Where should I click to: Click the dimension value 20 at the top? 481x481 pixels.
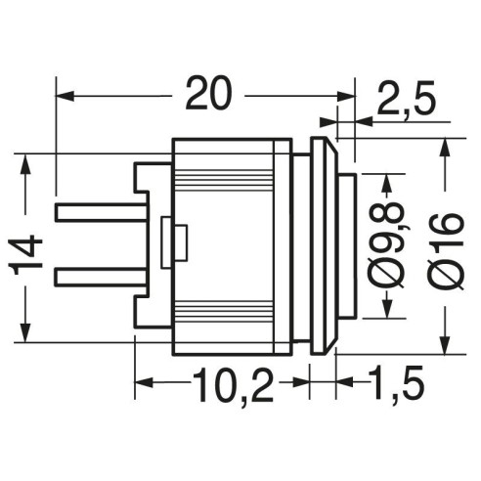209,93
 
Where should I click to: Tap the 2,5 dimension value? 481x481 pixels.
407,99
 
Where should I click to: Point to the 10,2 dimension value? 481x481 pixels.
234,385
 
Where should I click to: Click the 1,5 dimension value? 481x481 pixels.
397,384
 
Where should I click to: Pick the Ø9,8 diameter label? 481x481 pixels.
387,245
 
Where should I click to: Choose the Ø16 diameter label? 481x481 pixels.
446,251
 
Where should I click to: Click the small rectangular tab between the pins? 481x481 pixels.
174,242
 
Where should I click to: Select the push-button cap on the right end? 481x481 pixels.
347,245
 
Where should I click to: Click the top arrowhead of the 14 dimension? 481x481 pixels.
25,163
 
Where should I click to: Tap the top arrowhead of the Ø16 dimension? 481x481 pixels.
445,149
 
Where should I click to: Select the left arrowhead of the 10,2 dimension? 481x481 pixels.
144,382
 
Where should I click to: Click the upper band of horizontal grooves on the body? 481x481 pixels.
224,180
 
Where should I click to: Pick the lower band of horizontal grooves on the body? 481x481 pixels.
224,311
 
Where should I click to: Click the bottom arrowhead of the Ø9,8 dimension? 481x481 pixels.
387,308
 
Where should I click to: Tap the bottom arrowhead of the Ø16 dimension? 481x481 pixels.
445,344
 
